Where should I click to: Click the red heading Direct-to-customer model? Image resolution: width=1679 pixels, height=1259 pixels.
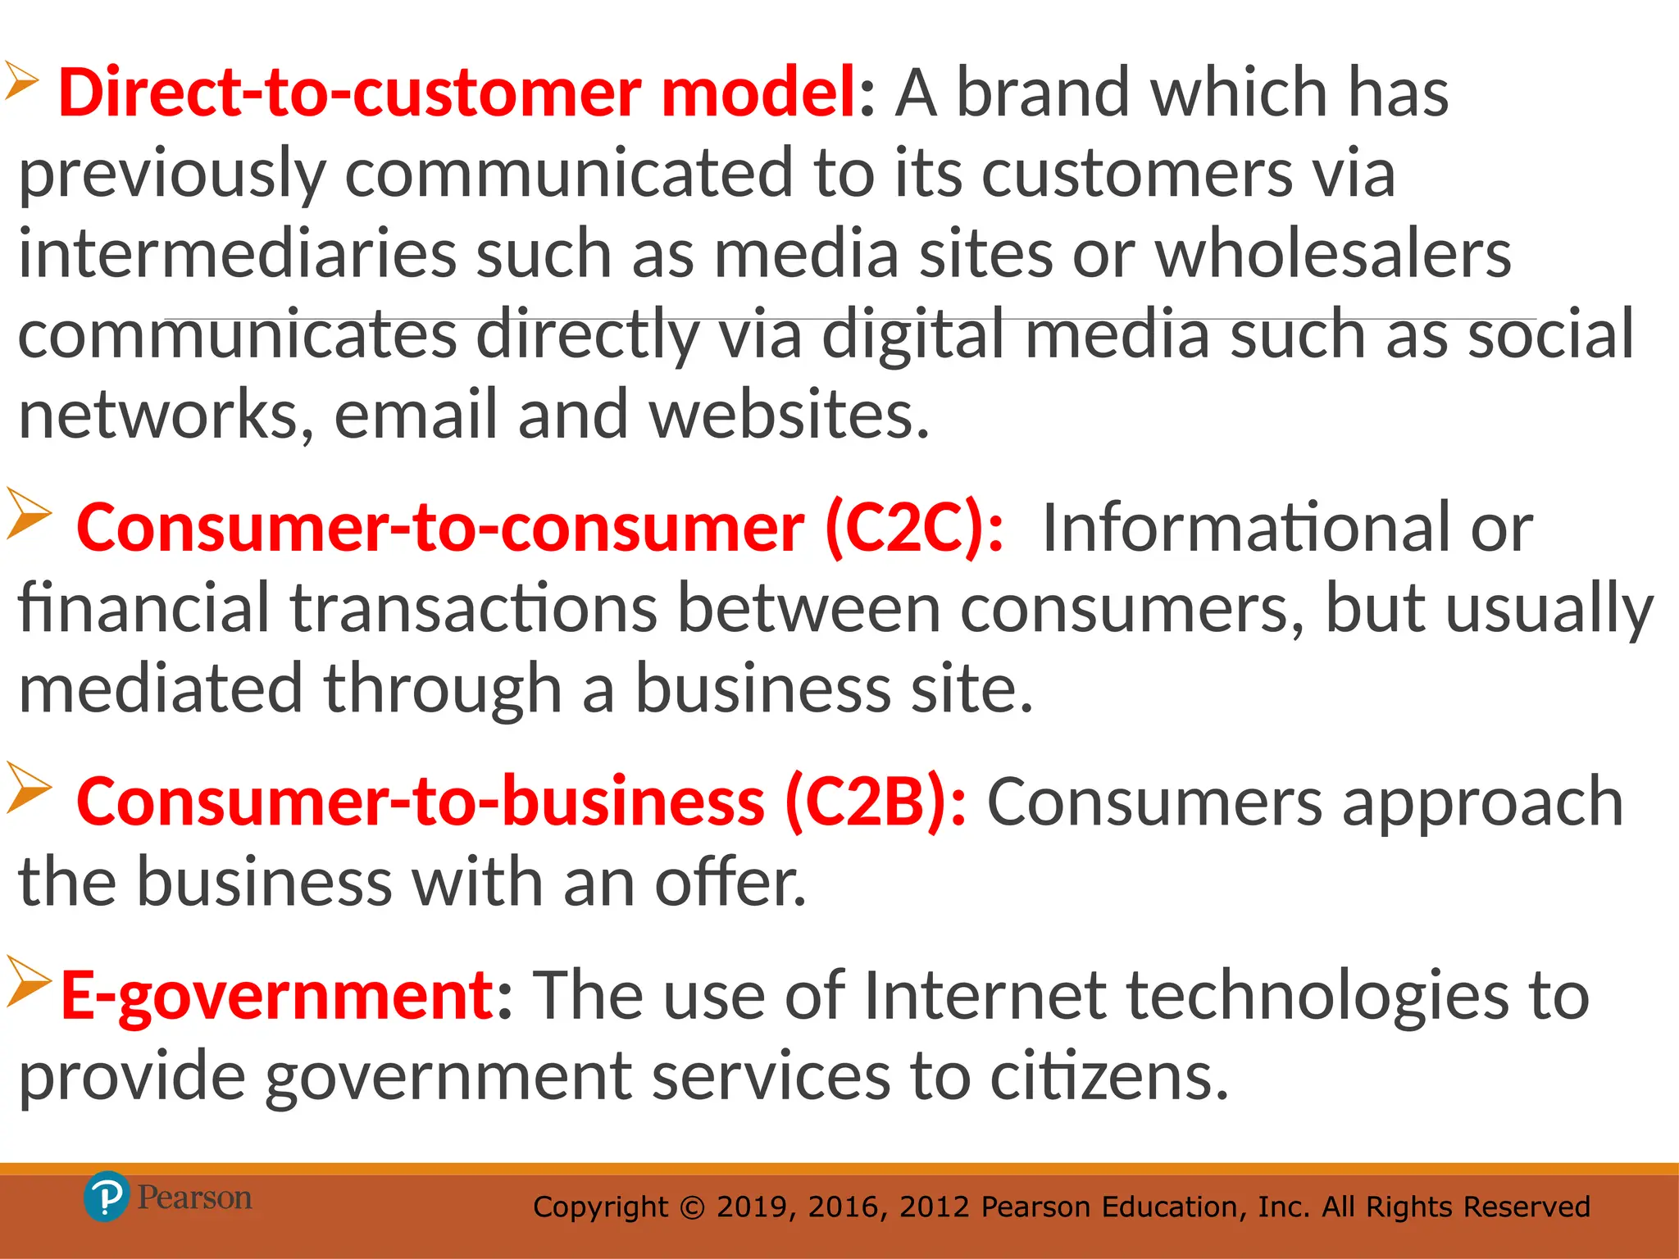pyautogui.click(x=457, y=92)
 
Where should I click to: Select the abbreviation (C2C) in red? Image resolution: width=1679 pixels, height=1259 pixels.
pyautogui.click(x=912, y=528)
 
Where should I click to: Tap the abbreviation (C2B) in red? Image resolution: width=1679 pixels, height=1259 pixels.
pyautogui.click(x=874, y=802)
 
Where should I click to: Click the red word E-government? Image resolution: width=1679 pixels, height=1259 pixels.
pyautogui.click(x=277, y=995)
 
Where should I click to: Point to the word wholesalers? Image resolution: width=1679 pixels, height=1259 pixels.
pyautogui.click(x=1333, y=254)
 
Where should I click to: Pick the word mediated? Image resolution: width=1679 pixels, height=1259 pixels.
pyautogui.click(x=162, y=689)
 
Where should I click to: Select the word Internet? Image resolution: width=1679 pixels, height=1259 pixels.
pyautogui.click(x=985, y=995)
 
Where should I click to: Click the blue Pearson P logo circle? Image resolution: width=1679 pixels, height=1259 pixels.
pyautogui.click(x=106, y=1197)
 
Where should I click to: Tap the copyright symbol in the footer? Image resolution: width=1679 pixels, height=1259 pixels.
pyautogui.click(x=693, y=1207)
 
